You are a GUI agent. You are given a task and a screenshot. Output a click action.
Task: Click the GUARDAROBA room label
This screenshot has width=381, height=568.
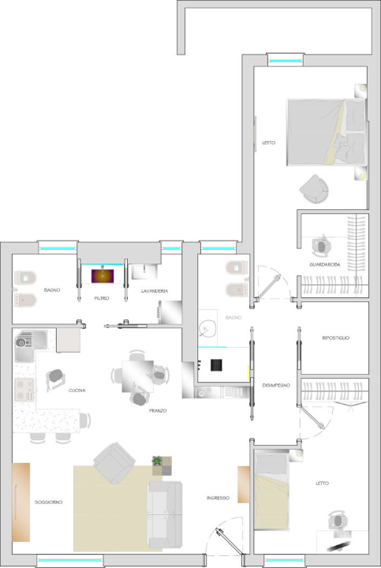click(x=325, y=265)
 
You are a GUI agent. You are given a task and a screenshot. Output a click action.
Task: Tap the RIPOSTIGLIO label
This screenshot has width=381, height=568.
click(x=335, y=338)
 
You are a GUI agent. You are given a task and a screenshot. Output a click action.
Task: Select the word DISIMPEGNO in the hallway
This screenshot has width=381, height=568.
click(x=275, y=384)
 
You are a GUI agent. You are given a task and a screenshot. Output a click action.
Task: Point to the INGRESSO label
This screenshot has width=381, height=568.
click(x=218, y=498)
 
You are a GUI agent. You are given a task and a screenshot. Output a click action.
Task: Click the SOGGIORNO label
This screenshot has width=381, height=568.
click(x=48, y=502)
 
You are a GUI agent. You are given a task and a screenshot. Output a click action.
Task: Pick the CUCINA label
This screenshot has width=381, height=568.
click(x=77, y=390)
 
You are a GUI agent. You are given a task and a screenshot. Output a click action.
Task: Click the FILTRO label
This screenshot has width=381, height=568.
click(x=102, y=299)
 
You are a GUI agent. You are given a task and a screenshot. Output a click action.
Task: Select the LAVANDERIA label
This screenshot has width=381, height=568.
click(x=154, y=292)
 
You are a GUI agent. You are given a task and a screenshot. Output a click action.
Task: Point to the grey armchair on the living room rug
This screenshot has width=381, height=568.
click(x=114, y=462)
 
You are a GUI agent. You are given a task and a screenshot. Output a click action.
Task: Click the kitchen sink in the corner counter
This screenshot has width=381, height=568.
click(x=29, y=342)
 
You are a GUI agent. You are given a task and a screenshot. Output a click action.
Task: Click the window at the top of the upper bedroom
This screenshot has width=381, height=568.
click(x=285, y=58)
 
